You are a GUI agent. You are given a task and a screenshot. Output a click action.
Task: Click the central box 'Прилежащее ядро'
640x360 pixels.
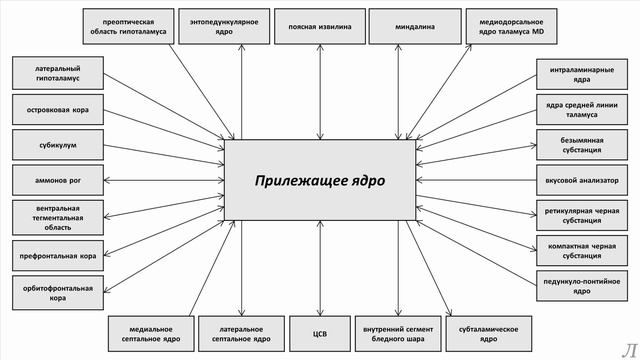[319, 180]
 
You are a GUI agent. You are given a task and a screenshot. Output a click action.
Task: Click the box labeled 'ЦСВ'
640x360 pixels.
[318, 335]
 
